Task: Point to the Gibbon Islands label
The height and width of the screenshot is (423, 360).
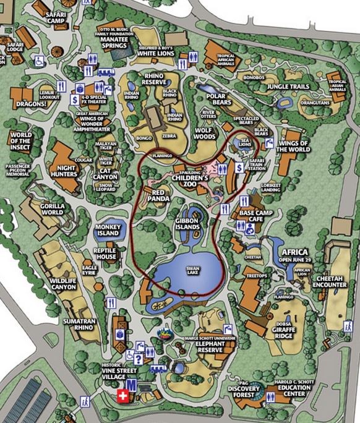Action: (x=187, y=223)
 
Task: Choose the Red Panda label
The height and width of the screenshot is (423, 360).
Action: (x=160, y=196)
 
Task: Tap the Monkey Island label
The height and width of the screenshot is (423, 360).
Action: (x=108, y=231)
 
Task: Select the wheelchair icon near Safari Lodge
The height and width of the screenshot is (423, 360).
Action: (x=39, y=61)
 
